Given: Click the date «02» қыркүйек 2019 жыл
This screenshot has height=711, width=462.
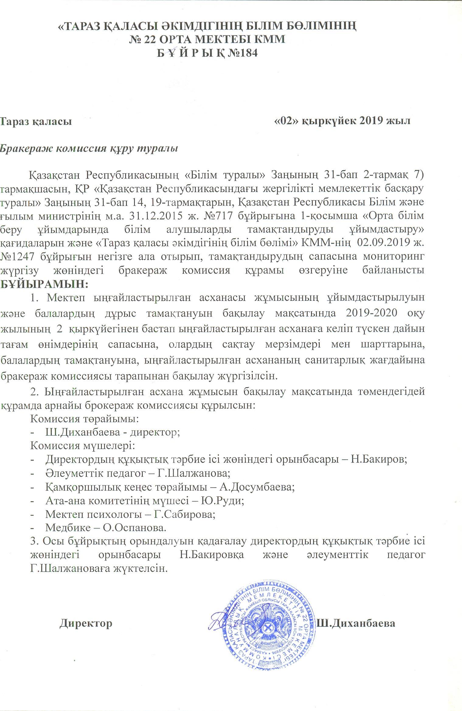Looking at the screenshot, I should pyautogui.click(x=342, y=121).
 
